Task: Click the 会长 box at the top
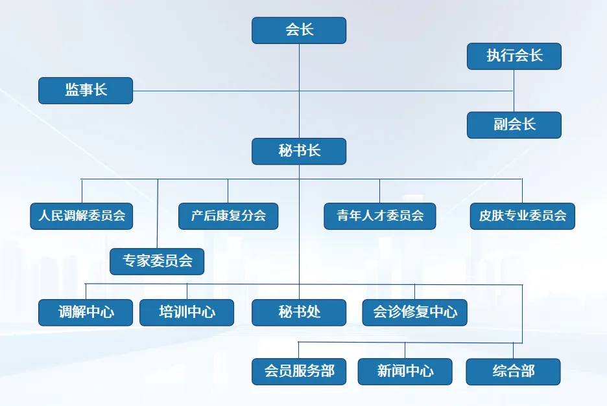coord(299,30)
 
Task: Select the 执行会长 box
coord(514,56)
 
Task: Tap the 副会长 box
coord(514,125)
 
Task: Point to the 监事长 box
coord(86,91)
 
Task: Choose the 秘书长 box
coord(299,152)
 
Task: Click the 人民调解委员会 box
coord(82,216)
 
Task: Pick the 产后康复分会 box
coord(228,216)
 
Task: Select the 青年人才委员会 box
coord(380,216)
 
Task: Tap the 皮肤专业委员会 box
coord(522,216)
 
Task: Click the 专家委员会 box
coord(158,262)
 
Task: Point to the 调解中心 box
coord(86,312)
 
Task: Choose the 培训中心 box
coord(187,312)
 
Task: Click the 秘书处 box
coord(299,312)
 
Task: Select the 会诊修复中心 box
coord(414,312)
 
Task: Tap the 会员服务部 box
coord(299,372)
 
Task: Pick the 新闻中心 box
coord(405,372)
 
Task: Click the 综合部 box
coord(513,372)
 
